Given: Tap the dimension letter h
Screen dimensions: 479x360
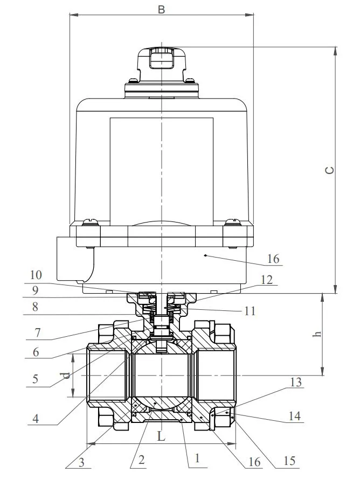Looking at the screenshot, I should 318,334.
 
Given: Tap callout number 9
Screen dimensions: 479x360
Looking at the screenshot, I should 34,290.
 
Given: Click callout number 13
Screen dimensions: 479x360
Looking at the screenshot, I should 294,383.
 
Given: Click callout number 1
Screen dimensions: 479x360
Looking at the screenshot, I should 197,459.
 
